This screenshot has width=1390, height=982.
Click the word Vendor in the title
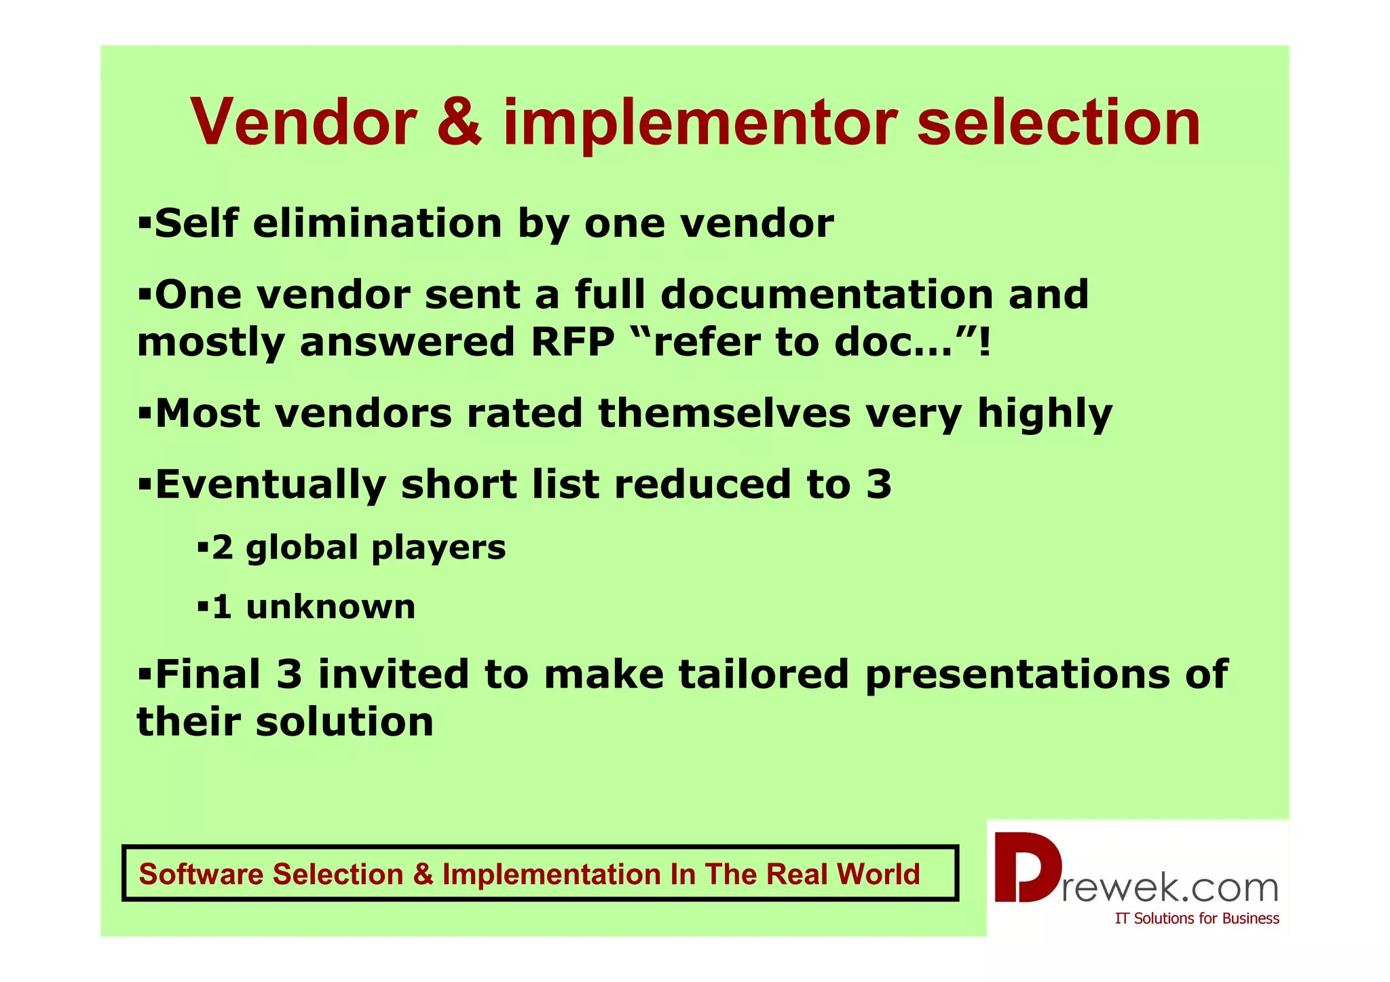point(303,123)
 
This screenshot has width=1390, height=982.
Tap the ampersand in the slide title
point(459,123)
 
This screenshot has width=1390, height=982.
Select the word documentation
point(826,295)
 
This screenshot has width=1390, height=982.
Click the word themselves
point(724,413)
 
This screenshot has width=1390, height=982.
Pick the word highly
point(1045,414)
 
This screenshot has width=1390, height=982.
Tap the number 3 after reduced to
point(879,484)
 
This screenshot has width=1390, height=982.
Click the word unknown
point(331,607)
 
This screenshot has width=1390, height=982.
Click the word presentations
point(1017,675)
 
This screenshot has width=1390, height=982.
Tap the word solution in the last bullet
point(344,721)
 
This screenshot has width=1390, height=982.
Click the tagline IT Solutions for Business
point(1197,918)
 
